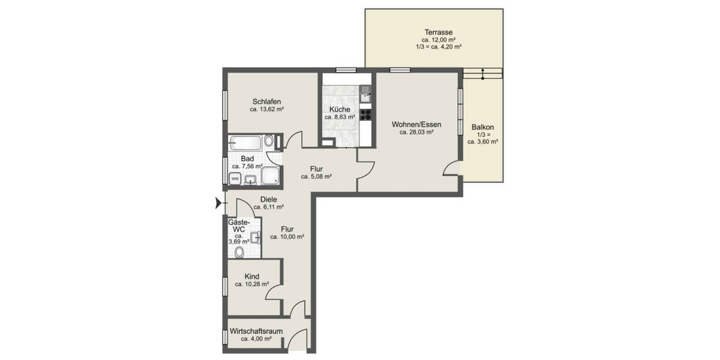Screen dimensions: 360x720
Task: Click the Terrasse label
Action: pos(438,32)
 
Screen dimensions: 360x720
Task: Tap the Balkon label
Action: pos(482,127)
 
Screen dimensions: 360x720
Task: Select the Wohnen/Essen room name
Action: pos(416,124)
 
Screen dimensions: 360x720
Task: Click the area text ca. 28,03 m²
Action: pos(416,133)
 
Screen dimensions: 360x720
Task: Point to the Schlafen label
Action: pos(266,101)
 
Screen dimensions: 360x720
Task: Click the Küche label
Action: pos(339,109)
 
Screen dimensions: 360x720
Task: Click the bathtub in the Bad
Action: pos(246,142)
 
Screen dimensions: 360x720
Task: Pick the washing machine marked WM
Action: pos(235,178)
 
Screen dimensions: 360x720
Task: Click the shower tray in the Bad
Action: pos(270,175)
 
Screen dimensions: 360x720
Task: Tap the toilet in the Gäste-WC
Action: pos(239,252)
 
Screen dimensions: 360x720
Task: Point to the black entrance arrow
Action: pos(217,205)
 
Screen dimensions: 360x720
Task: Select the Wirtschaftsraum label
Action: pos(256,331)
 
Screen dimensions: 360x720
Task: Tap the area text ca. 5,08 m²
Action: pos(316,176)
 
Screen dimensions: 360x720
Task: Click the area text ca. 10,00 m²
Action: pos(287,237)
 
